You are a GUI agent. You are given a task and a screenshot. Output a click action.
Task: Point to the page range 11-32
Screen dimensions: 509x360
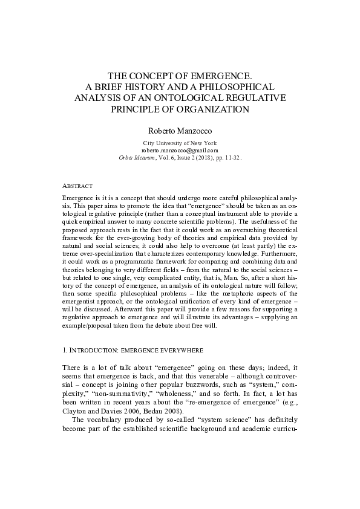(x=232, y=157)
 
